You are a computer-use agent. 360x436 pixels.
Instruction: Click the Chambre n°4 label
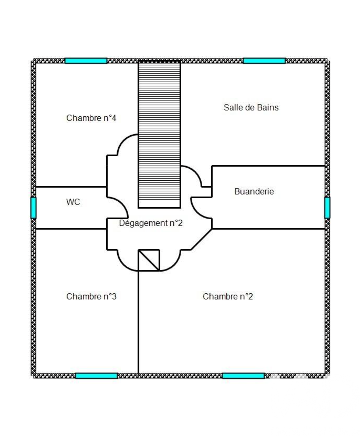(91, 118)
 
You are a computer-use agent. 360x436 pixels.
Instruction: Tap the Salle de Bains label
(251, 108)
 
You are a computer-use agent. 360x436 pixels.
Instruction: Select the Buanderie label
(254, 192)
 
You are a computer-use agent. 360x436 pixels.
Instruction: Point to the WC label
(73, 202)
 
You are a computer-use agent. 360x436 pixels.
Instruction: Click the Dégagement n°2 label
(151, 223)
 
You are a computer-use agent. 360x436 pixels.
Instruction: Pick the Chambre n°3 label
(91, 296)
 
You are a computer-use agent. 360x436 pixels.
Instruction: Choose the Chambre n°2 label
(228, 296)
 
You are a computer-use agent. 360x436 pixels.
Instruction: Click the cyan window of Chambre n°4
(86, 61)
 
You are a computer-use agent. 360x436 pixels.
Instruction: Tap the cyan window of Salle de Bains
(264, 61)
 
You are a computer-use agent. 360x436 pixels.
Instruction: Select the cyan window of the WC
(34, 208)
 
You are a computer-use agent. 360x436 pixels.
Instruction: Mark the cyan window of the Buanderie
(327, 208)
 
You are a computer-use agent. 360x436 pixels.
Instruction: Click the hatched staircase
(159, 135)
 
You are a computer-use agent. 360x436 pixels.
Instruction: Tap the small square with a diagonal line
(149, 260)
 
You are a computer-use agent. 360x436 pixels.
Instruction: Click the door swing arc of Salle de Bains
(195, 172)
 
